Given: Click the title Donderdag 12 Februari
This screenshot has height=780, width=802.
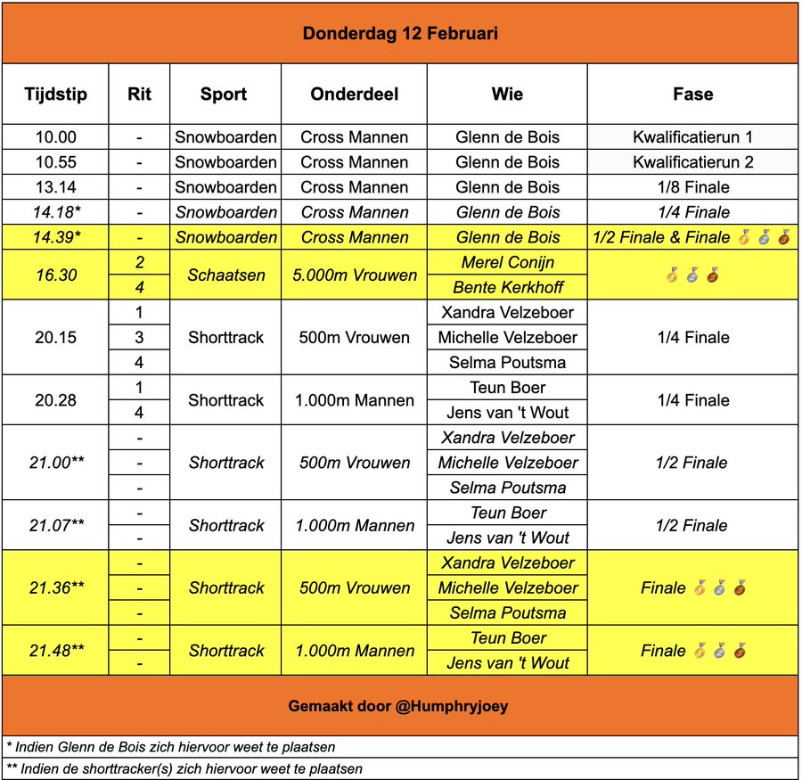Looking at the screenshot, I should (x=400, y=34).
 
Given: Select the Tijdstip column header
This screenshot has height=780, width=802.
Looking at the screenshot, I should (x=55, y=94).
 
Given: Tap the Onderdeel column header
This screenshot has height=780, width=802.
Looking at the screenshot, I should (x=354, y=94).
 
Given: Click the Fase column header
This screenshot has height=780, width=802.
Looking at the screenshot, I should (x=692, y=94).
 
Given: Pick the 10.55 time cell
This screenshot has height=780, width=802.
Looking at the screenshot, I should (x=55, y=162).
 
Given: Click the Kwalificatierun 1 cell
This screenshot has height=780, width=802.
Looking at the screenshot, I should (x=692, y=137).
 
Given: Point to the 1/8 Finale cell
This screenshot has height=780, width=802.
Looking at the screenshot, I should (x=692, y=187).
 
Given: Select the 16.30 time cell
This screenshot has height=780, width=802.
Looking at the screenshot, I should (x=55, y=275).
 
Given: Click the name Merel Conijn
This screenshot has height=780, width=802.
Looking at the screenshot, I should (x=507, y=263).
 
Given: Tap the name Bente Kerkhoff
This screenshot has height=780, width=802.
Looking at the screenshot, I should (x=507, y=288).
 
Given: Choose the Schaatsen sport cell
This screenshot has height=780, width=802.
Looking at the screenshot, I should (x=225, y=275).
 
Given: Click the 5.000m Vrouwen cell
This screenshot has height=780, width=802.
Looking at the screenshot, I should (x=354, y=275).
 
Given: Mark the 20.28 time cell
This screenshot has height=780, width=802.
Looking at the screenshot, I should (x=55, y=400).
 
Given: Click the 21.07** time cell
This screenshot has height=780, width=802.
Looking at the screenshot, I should (x=55, y=525).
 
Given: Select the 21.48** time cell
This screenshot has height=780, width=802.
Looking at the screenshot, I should (x=55, y=651).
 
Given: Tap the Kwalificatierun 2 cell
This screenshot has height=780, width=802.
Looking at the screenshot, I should (x=692, y=162).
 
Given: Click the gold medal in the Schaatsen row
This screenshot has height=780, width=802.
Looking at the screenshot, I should (x=672, y=276).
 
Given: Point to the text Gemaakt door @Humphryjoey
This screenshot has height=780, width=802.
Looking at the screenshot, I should (x=400, y=705).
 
